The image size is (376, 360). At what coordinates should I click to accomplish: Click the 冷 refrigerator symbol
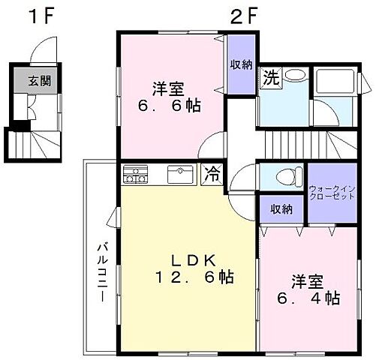tap(213, 175)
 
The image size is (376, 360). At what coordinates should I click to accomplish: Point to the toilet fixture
tap(283, 176)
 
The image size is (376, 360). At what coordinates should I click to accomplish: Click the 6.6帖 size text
tap(170, 106)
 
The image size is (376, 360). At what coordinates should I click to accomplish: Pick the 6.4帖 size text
tap(309, 298)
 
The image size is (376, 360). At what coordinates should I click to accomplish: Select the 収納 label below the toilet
tap(281, 209)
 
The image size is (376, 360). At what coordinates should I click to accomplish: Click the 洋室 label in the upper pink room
tap(170, 87)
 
